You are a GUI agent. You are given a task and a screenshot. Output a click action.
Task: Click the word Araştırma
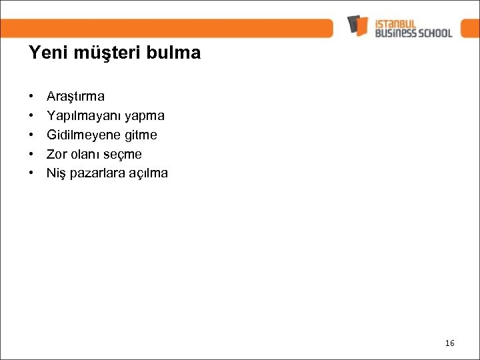pyautogui.click(x=75, y=97)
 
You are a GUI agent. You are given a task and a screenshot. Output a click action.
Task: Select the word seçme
pyautogui.click(x=123, y=155)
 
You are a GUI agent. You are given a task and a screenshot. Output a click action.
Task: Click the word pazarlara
pyautogui.click(x=95, y=174)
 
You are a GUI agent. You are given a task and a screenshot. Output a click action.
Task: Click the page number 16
pyautogui.click(x=449, y=343)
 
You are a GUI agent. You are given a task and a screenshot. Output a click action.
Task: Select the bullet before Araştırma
pyautogui.click(x=32, y=97)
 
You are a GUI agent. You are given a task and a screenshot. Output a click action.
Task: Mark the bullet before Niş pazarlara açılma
pyautogui.click(x=32, y=174)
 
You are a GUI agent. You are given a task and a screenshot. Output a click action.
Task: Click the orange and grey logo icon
pyautogui.click(x=358, y=25)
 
